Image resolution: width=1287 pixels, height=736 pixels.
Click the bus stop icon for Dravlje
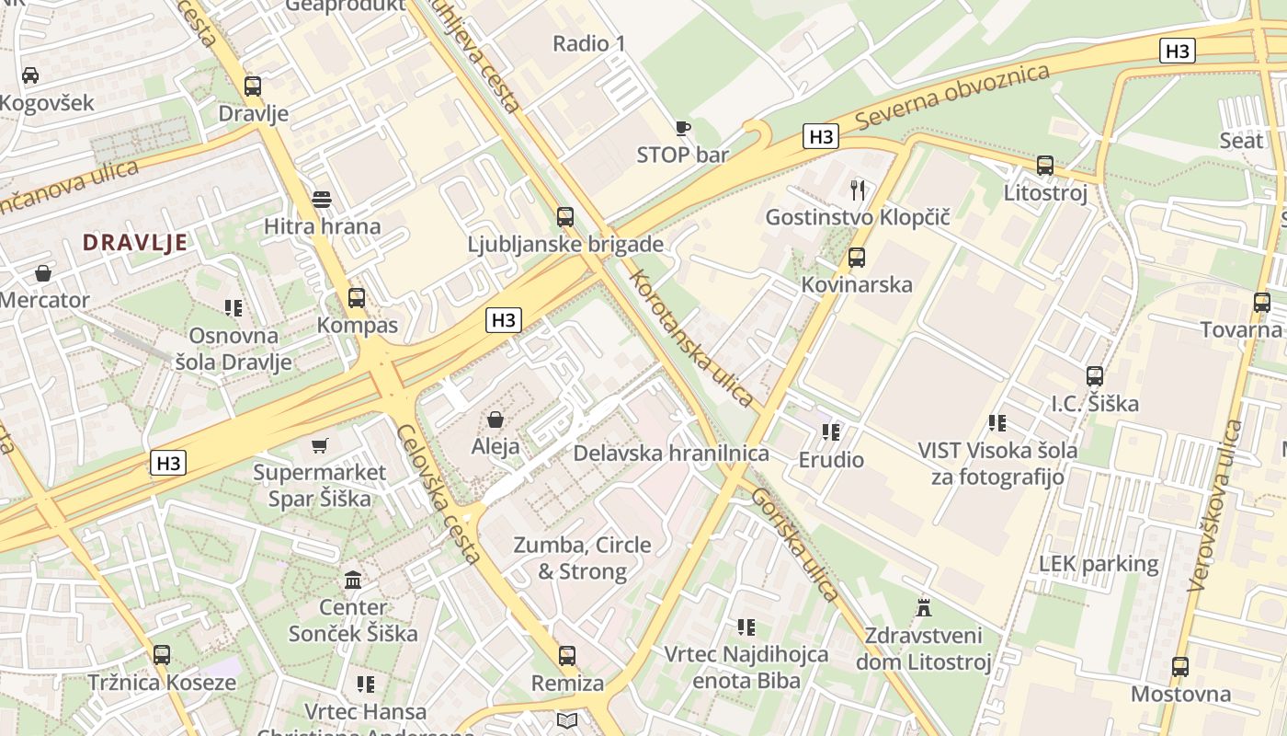pos(253,86)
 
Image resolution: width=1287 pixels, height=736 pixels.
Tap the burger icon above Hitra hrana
pos(321,199)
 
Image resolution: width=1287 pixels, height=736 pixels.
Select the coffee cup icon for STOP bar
pos(682,128)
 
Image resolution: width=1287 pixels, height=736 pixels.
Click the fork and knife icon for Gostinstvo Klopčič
pos(858,190)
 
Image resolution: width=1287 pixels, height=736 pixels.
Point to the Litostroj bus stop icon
pos(1045,166)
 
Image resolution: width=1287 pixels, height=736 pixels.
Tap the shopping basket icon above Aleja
pos(495,420)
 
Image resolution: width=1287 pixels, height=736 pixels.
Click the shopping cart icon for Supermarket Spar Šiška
pos(320,446)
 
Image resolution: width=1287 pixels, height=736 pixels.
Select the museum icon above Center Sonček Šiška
pos(353,580)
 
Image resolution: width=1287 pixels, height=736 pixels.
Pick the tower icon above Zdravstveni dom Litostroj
pos(924,608)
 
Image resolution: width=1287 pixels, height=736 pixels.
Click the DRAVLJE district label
pos(135,243)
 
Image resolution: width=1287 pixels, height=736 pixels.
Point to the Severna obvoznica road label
pos(951,97)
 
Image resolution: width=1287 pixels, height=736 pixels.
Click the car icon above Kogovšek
pos(30,75)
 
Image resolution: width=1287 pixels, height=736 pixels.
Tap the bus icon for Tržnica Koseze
pos(162,655)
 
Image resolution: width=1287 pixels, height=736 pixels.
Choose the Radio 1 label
pos(588,43)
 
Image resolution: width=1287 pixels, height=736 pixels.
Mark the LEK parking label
pos(1099,563)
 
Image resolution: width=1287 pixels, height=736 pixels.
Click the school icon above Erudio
pos(831,431)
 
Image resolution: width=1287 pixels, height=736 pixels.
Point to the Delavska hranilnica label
pos(671,453)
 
